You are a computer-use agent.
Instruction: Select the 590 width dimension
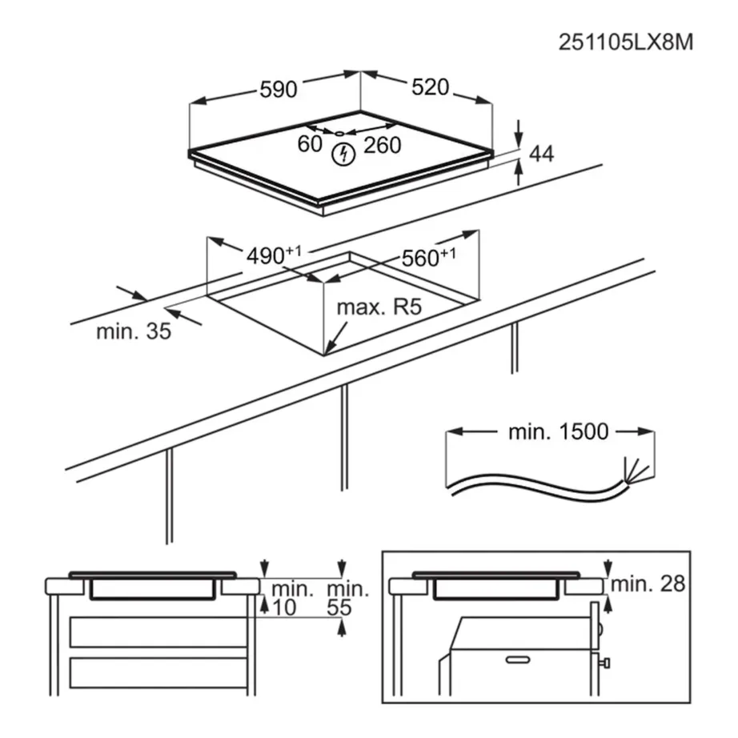tap(278, 90)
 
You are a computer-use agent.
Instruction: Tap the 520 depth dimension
tap(430, 87)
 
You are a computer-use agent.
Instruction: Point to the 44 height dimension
tap(541, 154)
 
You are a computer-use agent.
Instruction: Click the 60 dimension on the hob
tap(309, 145)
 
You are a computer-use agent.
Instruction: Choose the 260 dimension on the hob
tap(382, 145)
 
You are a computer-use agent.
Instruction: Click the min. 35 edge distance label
tap(134, 331)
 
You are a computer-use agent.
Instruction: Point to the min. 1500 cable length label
tap(558, 432)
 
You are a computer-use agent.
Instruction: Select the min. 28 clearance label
tap(648, 584)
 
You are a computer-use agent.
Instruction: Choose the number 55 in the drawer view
tap(340, 608)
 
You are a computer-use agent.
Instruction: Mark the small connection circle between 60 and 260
tap(340, 133)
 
